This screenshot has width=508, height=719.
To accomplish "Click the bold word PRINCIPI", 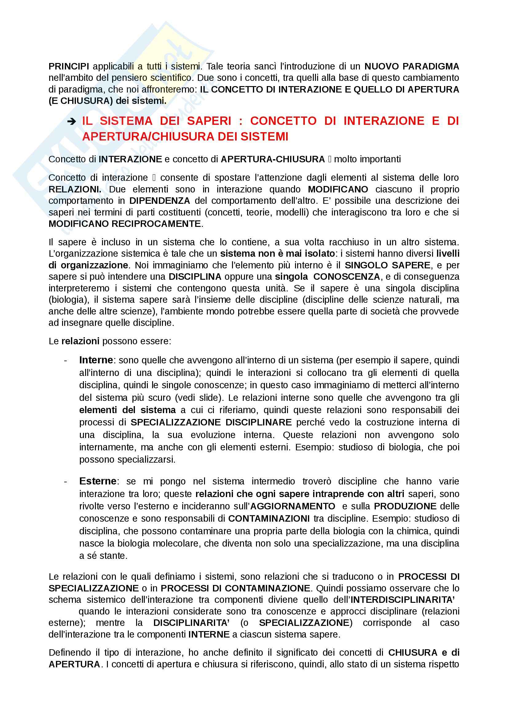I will tap(69, 66).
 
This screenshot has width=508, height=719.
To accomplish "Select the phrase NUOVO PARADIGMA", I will tap(412, 66).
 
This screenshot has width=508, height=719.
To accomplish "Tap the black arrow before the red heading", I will tap(72, 121).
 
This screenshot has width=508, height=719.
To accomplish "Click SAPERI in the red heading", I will tap(209, 121).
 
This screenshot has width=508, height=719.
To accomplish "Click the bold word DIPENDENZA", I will tap(159, 201).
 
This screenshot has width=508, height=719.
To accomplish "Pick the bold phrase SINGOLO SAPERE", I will tap(387, 265).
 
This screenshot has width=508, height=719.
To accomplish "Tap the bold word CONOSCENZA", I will tap(346, 277).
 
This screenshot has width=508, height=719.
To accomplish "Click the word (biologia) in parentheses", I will tap(67, 300).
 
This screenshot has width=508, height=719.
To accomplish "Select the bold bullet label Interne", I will tap(96, 360).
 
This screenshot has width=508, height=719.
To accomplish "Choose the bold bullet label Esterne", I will tap(98, 481).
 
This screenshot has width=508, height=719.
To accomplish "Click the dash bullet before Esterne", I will tap(65, 481).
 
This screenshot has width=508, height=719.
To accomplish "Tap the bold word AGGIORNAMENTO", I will tap(293, 506).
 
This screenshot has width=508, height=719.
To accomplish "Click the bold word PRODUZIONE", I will tap(405, 506).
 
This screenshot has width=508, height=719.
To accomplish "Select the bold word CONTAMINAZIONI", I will tap(269, 519).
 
